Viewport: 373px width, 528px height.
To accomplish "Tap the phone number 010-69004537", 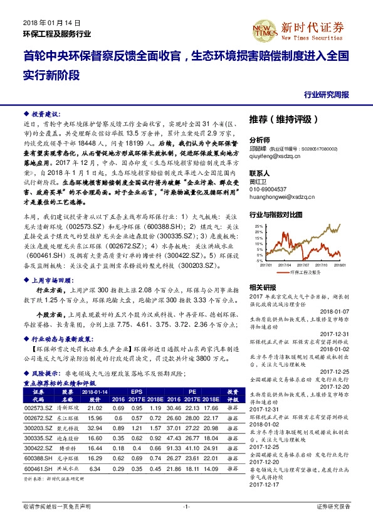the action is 272,189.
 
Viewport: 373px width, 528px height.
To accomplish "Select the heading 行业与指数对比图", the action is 276,214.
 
